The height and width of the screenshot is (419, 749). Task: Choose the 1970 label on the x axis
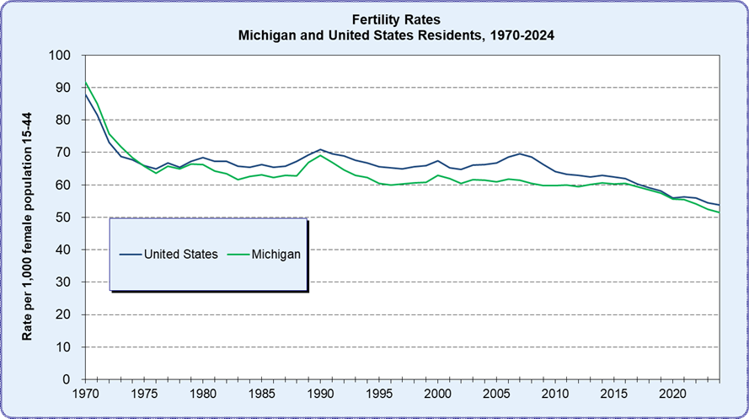(x=85, y=394)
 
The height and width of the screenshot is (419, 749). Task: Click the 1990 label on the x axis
(x=320, y=394)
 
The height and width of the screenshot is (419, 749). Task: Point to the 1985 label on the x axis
(x=261, y=394)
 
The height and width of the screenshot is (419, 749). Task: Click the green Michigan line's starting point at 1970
(x=85, y=83)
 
